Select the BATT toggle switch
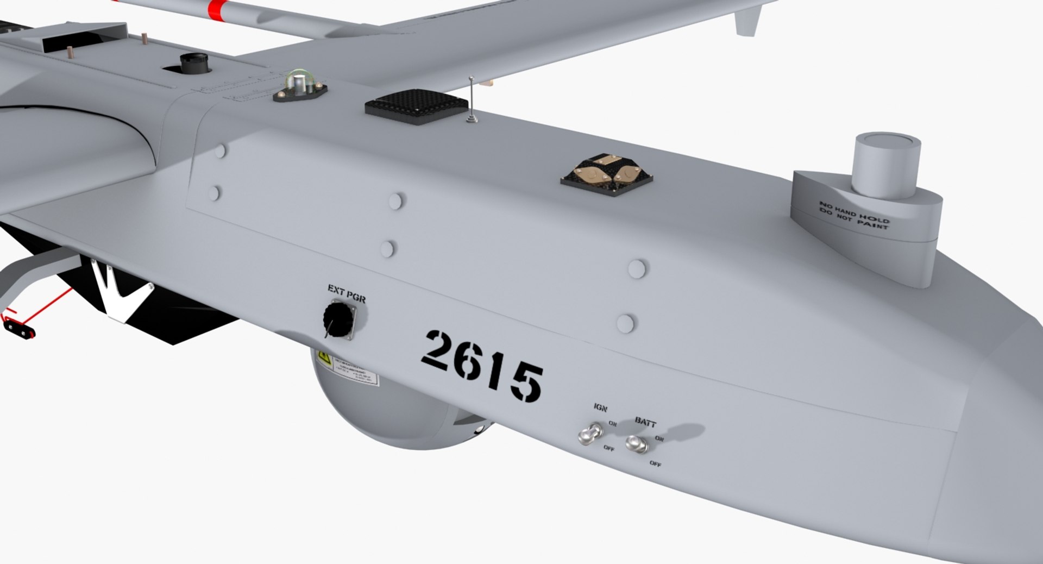tap(636, 444)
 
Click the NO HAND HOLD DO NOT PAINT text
tap(854, 215)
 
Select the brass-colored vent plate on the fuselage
tap(606, 173)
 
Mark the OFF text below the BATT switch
tap(656, 464)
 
